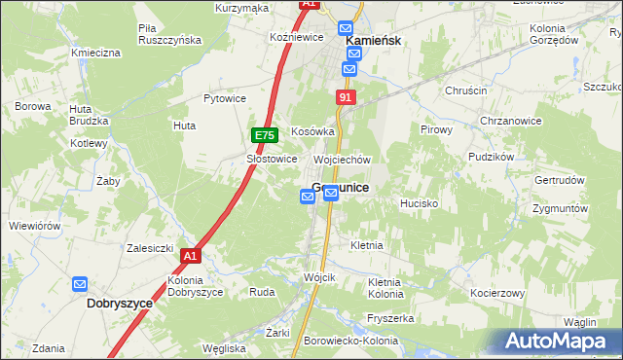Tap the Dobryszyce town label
pyautogui.click(x=120, y=304)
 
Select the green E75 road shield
pyautogui.click(x=265, y=135)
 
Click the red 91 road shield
pyautogui.click(x=347, y=98)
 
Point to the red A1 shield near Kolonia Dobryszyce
pyautogui.click(x=190, y=256)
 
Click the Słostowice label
pyautogui.click(x=271, y=159)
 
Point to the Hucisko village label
pyautogui.click(x=420, y=203)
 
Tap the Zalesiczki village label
pyautogui.click(x=150, y=248)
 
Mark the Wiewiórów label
pyautogui.click(x=35, y=226)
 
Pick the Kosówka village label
pyautogui.click(x=312, y=131)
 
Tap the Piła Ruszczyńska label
pyautogui.click(x=169, y=34)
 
